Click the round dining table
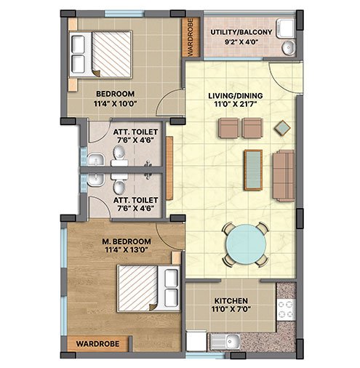tap(246, 244)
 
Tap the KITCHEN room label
tap(231, 301)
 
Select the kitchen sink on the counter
tap(225, 341)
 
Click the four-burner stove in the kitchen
tap(286, 310)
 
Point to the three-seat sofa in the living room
tap(284, 176)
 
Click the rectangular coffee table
tap(253, 169)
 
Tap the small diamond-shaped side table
tap(282, 128)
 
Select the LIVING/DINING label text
tap(236, 96)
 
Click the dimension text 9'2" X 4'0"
tap(241, 41)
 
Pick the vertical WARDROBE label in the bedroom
tap(191, 37)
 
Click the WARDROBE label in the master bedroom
tap(97, 344)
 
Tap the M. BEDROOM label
tap(127, 241)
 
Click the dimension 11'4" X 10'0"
tap(116, 104)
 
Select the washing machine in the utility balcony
tap(286, 29)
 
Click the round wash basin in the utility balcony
tap(289, 48)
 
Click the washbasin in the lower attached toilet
tap(95, 180)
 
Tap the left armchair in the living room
tap(229, 128)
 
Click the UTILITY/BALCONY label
tap(241, 32)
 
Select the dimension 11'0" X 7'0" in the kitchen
tap(231, 309)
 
